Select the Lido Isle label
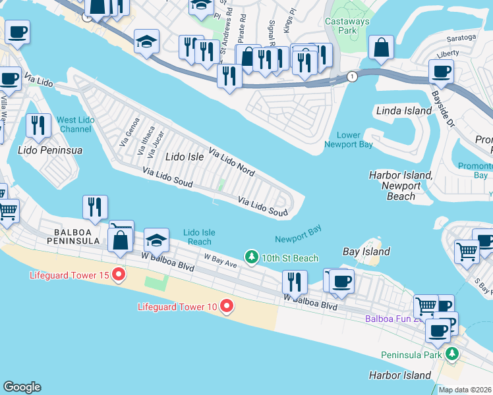pyautogui.click(x=185, y=157)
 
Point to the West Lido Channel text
pyautogui.click(x=74, y=124)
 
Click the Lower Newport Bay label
pyautogui.click(x=349, y=140)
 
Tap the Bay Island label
pyautogui.click(x=366, y=251)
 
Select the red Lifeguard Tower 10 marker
pyautogui.click(x=227, y=306)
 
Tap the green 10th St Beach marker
pyautogui.click(x=250, y=257)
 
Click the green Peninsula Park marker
pyautogui.click(x=451, y=355)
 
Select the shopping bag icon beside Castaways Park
pyautogui.click(x=381, y=47)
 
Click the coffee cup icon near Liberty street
pyautogui.click(x=440, y=70)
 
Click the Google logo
pyautogui.click(x=22, y=387)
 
